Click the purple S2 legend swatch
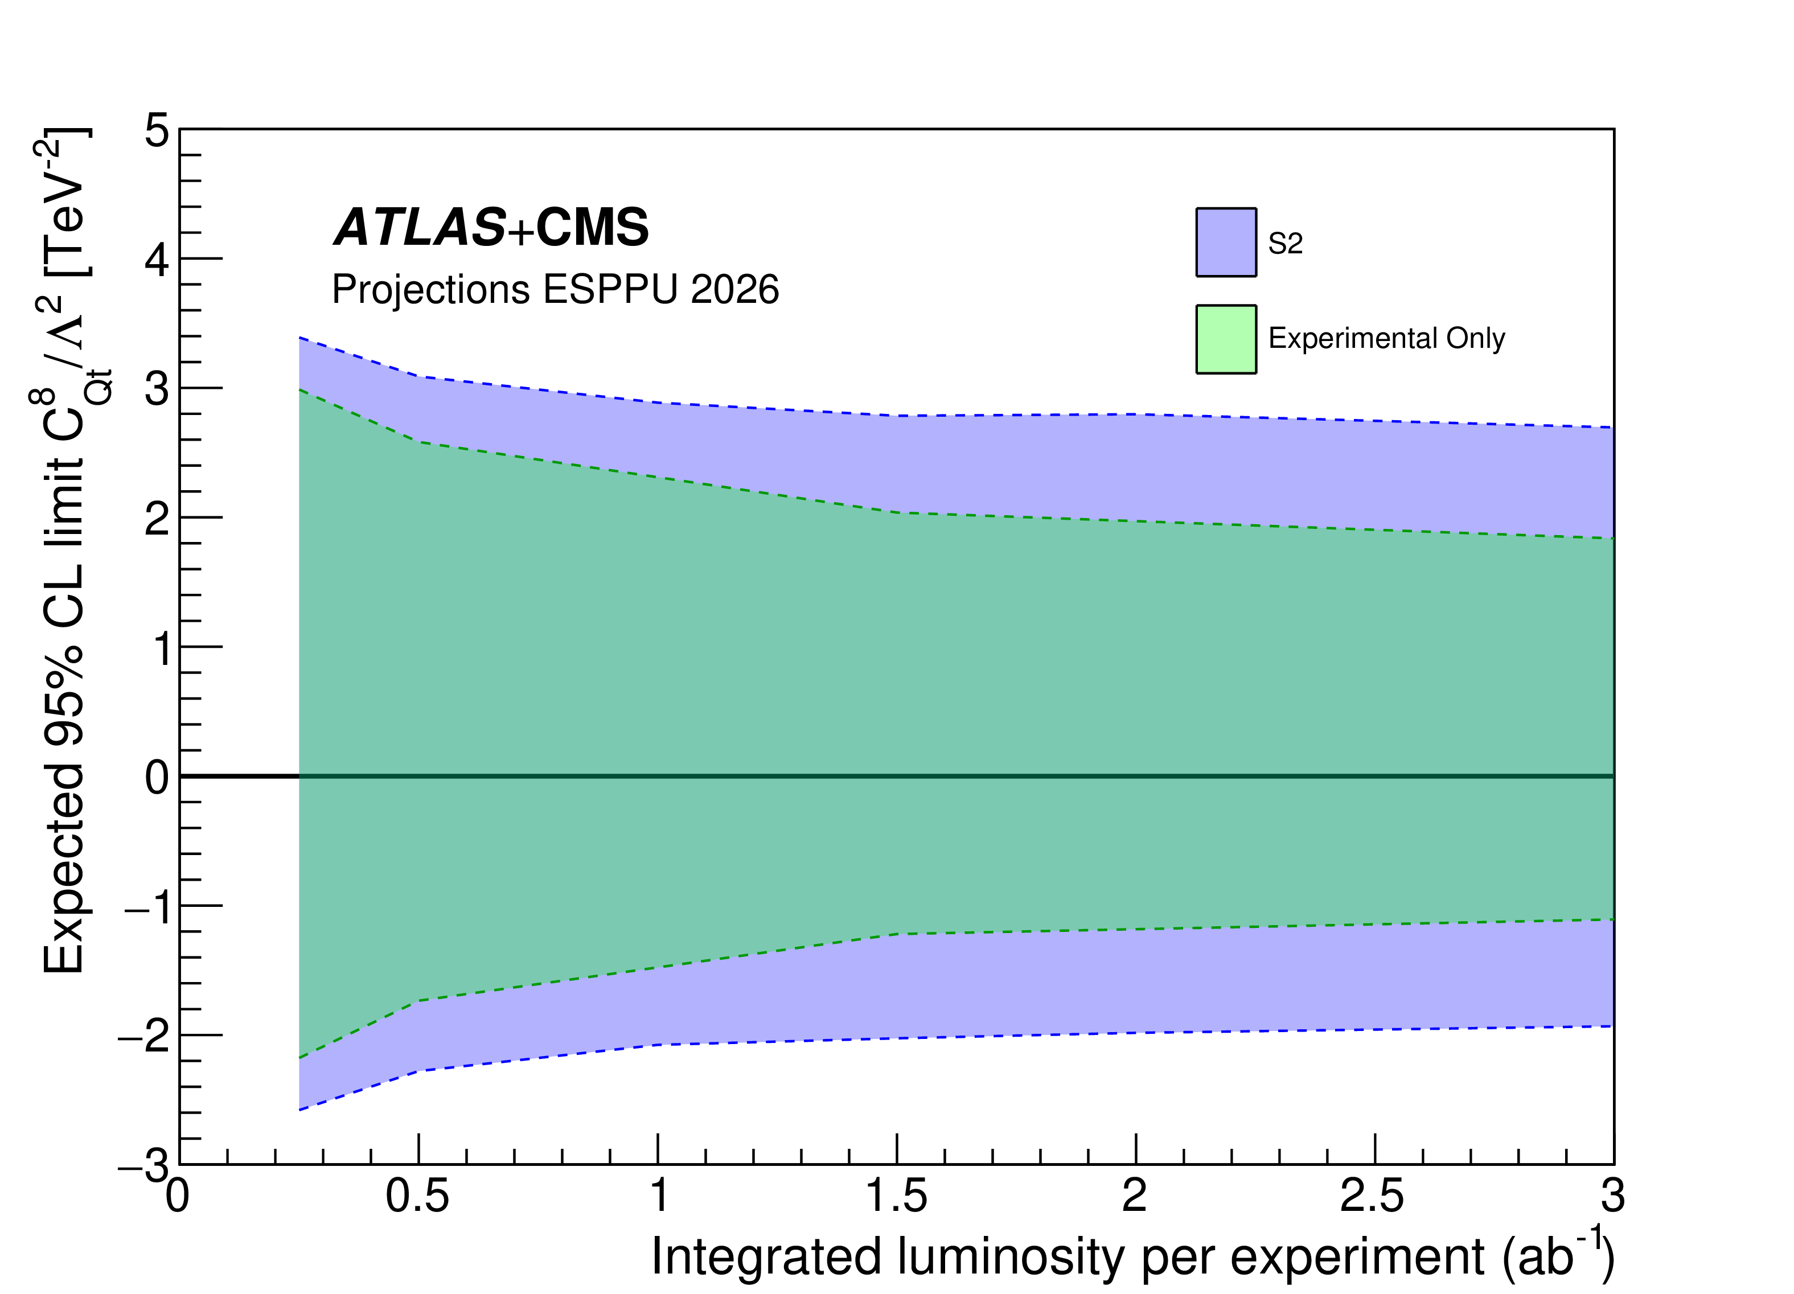pos(1225,242)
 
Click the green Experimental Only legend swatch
pos(1225,339)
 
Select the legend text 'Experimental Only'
pos(1386,339)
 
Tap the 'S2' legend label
pos(1284,243)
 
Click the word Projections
pos(430,290)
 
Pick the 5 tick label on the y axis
pos(157,130)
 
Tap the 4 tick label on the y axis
pos(157,260)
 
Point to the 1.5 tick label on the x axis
pos(896,1195)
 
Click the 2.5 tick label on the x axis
pos(1372,1195)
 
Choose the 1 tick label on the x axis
pos(658,1195)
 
